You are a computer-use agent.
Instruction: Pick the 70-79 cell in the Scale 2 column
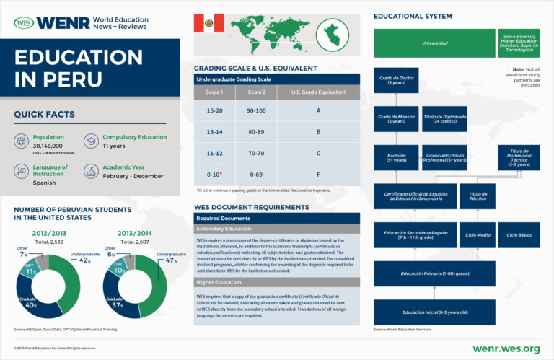[x=256, y=154]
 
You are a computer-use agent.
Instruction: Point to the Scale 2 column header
[x=256, y=92]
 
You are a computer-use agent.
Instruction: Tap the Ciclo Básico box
[x=519, y=234]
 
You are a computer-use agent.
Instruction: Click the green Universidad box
[x=434, y=43]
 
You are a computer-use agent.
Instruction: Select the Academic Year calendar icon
[x=91, y=171]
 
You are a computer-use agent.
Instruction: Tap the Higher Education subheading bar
[x=276, y=282]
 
